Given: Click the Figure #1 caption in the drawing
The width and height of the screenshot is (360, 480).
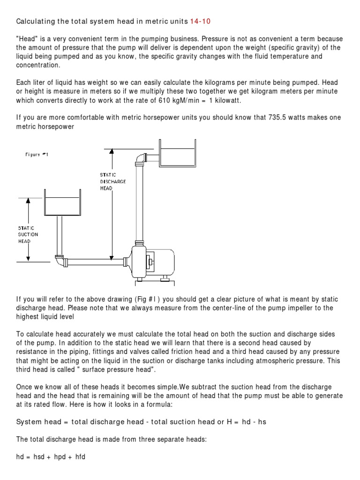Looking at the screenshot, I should click(37, 154).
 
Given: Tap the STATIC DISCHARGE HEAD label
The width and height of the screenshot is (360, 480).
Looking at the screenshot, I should click(113, 181).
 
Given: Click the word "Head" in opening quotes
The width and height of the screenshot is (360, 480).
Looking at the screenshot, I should click(27, 38).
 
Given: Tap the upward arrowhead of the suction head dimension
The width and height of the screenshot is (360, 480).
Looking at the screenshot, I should click(28, 200).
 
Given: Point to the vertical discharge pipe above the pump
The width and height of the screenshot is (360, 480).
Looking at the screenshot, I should click(139, 202).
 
